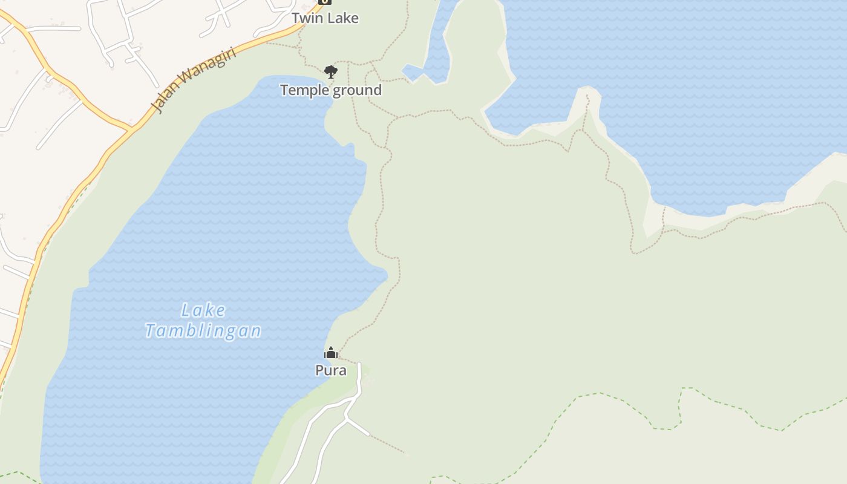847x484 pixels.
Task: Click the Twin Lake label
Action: coord(325,18)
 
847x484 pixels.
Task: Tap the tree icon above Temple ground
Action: coord(330,72)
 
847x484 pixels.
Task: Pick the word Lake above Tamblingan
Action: coord(203,311)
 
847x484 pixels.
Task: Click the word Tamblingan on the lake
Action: coord(203,331)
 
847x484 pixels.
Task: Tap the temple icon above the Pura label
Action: coord(331,353)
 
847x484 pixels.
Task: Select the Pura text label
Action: coord(331,370)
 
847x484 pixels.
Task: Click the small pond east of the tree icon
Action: coord(413,73)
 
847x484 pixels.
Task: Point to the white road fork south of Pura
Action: coord(347,417)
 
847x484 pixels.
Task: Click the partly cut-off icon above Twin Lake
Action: coord(325,2)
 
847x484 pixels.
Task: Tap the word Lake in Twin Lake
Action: coord(344,18)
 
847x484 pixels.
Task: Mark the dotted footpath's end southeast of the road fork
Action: coord(407,453)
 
